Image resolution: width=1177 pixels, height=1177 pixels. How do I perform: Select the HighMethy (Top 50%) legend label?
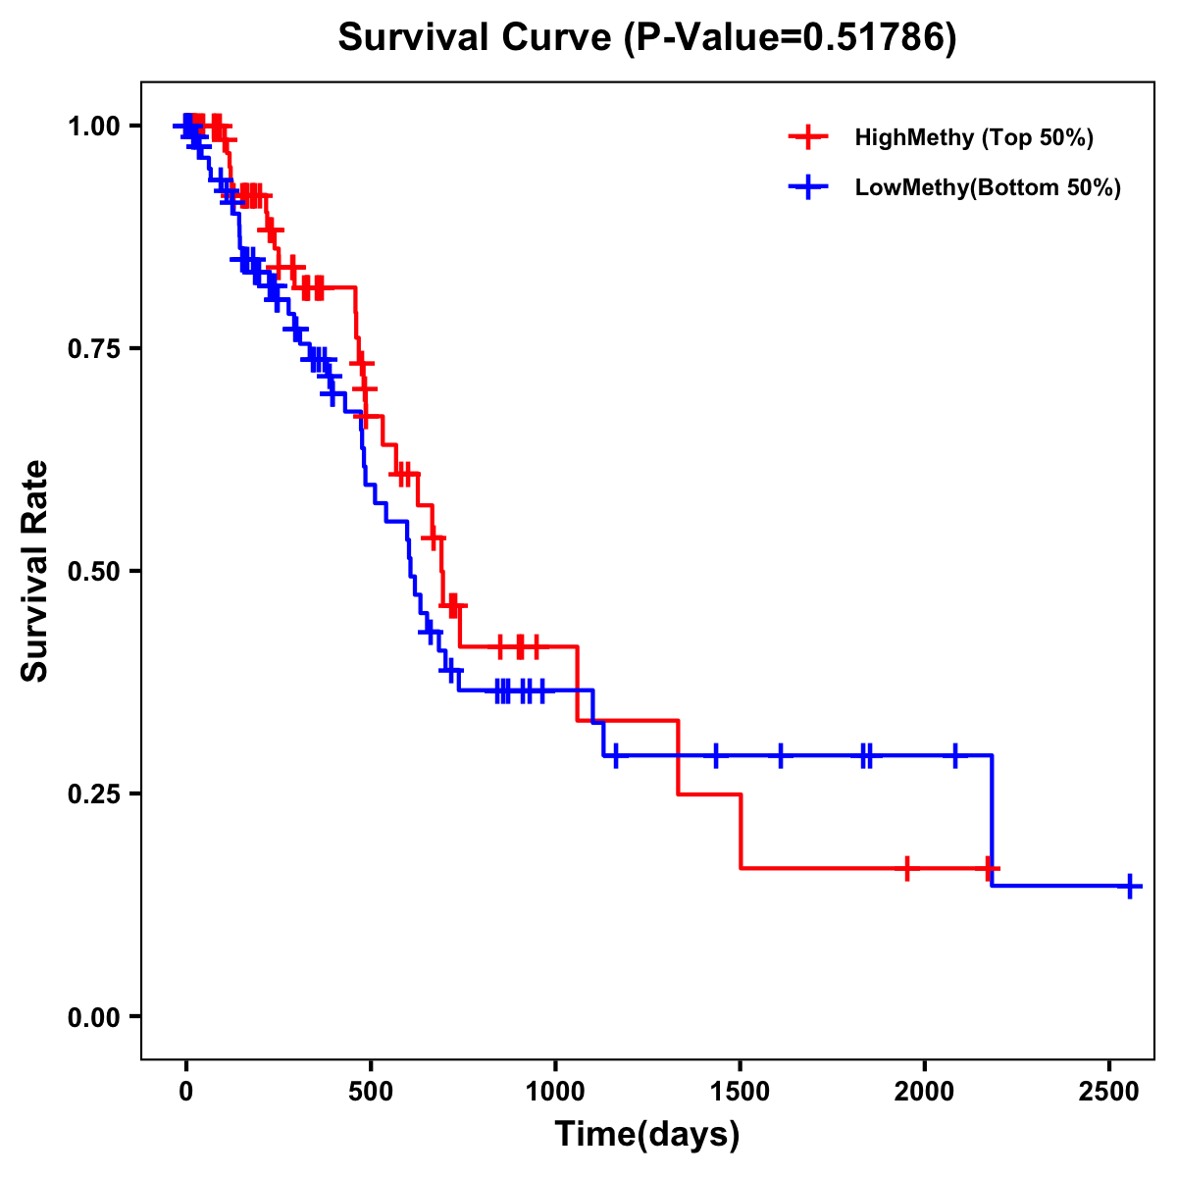pyautogui.click(x=973, y=137)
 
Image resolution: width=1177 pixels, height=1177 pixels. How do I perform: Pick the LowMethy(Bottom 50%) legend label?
pyautogui.click(x=988, y=188)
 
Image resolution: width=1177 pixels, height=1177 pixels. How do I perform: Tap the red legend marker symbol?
pyautogui.click(x=808, y=137)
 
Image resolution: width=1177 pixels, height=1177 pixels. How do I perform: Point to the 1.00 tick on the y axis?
pyautogui.click(x=93, y=126)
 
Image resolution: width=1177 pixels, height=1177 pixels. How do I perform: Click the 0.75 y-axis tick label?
pyautogui.click(x=93, y=348)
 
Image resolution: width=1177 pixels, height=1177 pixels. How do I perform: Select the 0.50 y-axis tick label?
pyautogui.click(x=93, y=571)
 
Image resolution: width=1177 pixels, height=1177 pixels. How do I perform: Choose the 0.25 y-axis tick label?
pyautogui.click(x=93, y=793)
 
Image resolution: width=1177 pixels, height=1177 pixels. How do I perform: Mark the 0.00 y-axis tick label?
pyautogui.click(x=93, y=1016)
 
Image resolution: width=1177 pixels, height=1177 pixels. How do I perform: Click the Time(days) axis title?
pyautogui.click(x=647, y=1135)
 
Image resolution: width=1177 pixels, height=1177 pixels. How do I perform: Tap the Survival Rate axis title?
pyautogui.click(x=35, y=571)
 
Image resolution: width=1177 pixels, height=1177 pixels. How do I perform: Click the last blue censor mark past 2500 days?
pyautogui.click(x=1129, y=886)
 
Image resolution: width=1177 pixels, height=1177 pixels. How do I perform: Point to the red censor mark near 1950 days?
pyautogui.click(x=907, y=868)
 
